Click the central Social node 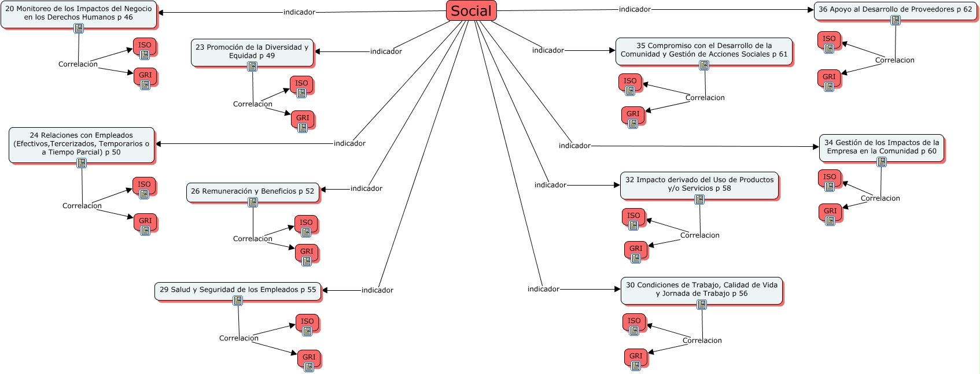[x=471, y=11]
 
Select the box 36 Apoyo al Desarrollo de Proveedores [x=895, y=10]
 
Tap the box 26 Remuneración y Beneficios [x=252, y=192]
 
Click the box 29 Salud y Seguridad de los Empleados [x=238, y=291]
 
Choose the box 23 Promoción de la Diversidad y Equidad [x=252, y=53]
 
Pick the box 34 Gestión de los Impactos [x=882, y=147]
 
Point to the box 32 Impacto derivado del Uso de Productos [x=699, y=185]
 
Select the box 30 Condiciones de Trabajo [x=701, y=291]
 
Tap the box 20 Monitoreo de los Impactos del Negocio [x=79, y=14]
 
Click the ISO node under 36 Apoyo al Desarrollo [x=829, y=41]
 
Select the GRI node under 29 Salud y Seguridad [x=309, y=360]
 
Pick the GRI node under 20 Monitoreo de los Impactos [x=145, y=77]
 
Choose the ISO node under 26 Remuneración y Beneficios [x=306, y=225]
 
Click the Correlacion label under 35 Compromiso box [x=705, y=98]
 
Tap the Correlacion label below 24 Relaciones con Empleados [x=82, y=206]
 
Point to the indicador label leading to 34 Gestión [x=574, y=146]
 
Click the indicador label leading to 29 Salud [x=377, y=290]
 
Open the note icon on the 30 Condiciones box [x=701, y=305]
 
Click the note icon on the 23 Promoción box [x=252, y=66]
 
